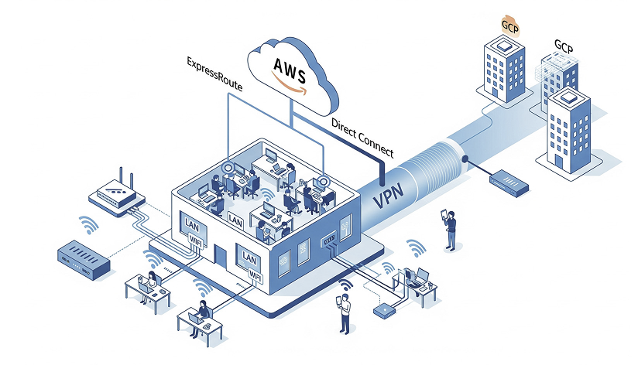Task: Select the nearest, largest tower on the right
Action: point(568,131)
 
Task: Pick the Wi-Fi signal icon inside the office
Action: point(266,191)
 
